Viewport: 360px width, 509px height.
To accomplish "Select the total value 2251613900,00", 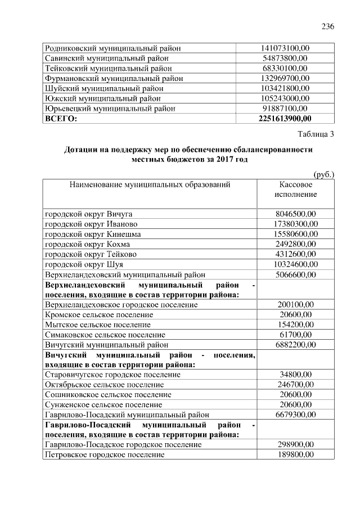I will tap(285, 119).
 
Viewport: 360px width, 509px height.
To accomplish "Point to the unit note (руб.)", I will tap(323, 174).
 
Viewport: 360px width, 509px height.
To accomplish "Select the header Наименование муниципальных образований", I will tap(150, 184).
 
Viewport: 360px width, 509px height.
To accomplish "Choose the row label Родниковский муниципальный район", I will tap(112, 48).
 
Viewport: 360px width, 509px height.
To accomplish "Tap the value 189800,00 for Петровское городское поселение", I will tap(296, 454).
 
